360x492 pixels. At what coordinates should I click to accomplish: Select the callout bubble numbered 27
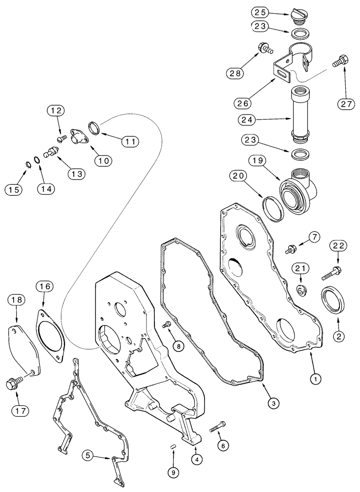coord(346,104)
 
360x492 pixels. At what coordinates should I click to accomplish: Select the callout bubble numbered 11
coord(129,141)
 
